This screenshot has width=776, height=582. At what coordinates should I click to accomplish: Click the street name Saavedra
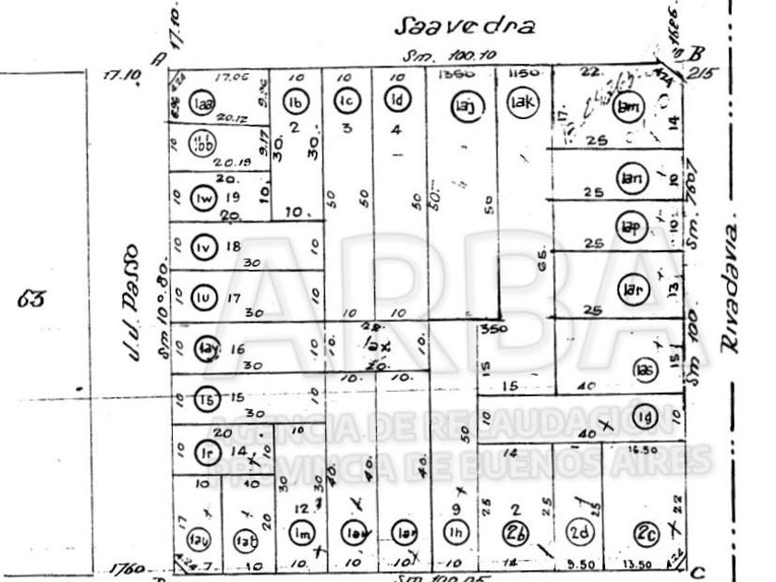pos(465,25)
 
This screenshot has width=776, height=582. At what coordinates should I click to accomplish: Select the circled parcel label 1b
pos(296,102)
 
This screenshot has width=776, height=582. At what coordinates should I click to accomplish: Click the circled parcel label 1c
pos(347,101)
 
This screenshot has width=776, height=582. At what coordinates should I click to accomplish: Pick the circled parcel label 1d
pos(396,100)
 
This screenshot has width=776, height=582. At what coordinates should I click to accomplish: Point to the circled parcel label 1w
pos(202,198)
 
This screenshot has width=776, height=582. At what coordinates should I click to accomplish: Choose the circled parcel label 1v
pos(203,247)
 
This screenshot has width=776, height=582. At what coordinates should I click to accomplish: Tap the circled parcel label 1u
pos(203,297)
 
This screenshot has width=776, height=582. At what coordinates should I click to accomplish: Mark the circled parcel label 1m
pos(301,533)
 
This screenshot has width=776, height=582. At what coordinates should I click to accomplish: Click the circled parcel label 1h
pos(454,533)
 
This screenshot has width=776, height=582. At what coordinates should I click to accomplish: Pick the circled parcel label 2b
pos(515,533)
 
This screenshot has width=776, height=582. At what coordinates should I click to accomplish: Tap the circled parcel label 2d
pos(579,533)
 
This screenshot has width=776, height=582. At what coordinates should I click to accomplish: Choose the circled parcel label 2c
pos(646,533)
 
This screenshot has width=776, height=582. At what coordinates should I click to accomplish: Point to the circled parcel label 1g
pos(645,413)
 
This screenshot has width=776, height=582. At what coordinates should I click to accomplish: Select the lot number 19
pos(233,197)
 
